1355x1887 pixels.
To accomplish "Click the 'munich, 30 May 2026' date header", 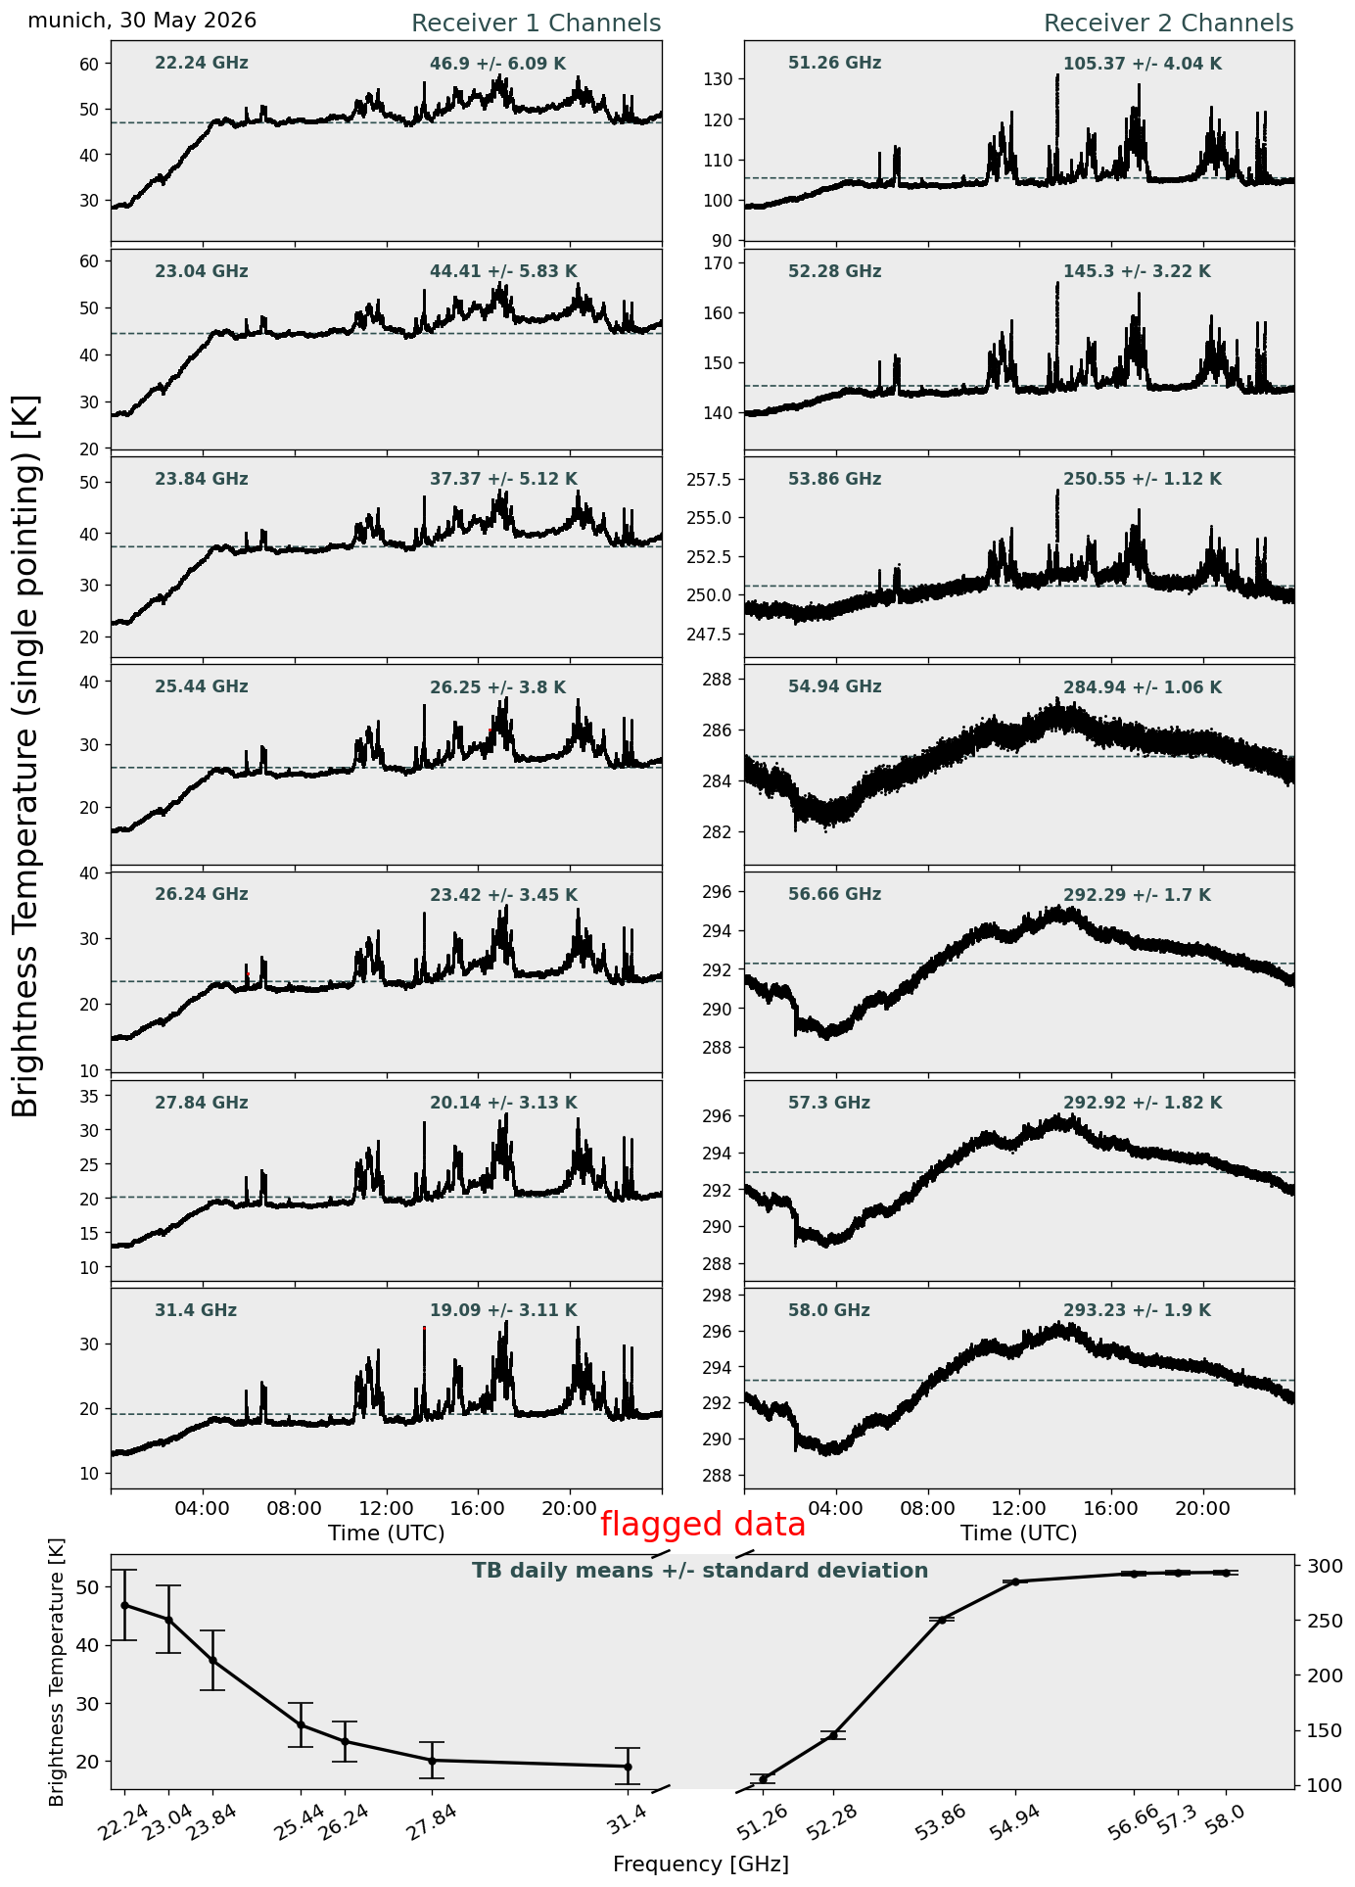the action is (x=142, y=21).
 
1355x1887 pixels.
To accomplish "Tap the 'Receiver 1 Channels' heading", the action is (x=536, y=24).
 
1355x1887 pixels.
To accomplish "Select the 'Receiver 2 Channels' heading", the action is (x=1169, y=24).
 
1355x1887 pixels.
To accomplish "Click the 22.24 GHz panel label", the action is (x=202, y=64).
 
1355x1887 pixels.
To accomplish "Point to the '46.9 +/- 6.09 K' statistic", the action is (x=497, y=65).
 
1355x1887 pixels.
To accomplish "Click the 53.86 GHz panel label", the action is (x=834, y=479).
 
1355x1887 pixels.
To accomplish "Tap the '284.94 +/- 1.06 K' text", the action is (x=1143, y=687).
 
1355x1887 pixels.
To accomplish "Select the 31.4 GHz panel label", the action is (x=196, y=1310).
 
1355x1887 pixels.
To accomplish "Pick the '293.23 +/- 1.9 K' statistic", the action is (x=1137, y=1310).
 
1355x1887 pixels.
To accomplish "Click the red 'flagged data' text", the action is (x=703, y=1524).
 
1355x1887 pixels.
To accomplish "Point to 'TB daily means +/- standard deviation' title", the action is (x=700, y=1571).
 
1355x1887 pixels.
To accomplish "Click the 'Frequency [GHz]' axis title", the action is (x=701, y=1863).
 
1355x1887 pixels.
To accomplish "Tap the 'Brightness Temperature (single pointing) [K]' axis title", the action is (x=26, y=755).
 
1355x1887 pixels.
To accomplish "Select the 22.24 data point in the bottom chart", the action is (x=124, y=1605).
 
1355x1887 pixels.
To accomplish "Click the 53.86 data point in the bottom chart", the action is (x=942, y=1620).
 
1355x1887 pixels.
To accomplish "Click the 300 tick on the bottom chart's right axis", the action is (x=1318, y=1566).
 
